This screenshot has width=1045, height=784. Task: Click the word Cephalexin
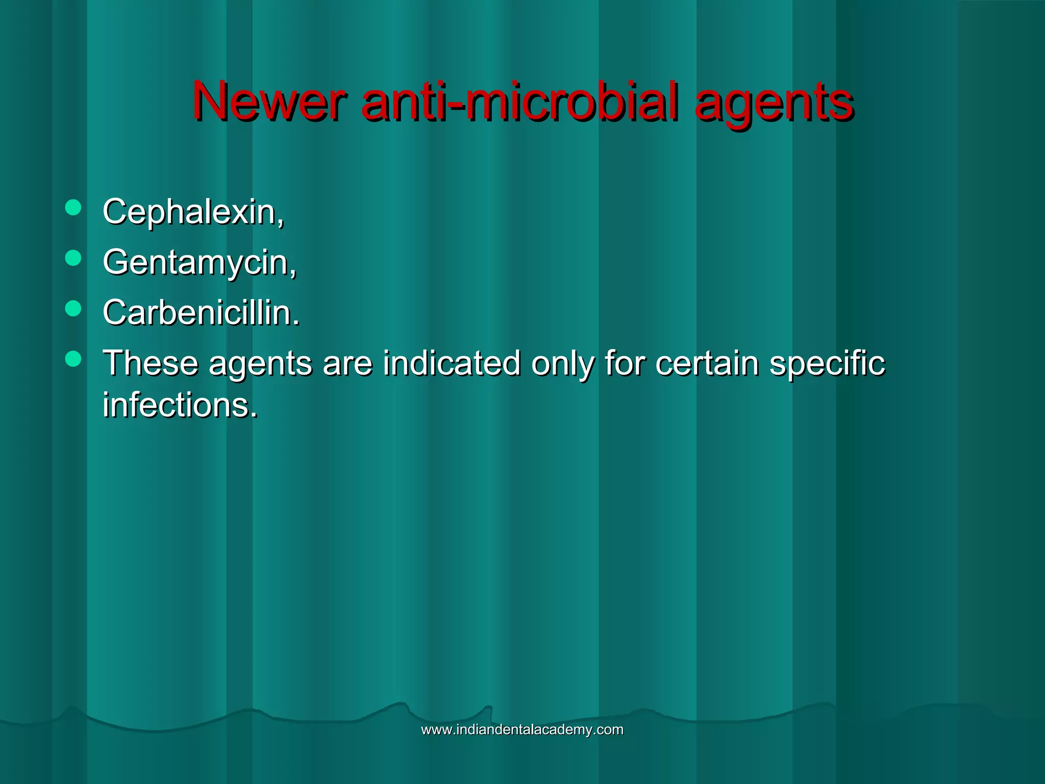coord(193,211)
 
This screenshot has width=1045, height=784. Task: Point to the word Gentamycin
coord(199,262)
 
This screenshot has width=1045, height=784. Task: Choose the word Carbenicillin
coord(201,312)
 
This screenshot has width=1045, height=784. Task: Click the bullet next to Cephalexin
coord(73,208)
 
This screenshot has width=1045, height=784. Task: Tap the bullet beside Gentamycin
coord(73,258)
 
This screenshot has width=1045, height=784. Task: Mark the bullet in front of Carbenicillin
coord(73,308)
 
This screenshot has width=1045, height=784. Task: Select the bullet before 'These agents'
coord(73,359)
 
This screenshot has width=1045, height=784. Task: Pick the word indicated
coord(452,363)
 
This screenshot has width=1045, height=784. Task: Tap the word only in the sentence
coord(563,364)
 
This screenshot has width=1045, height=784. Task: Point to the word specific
coord(827,364)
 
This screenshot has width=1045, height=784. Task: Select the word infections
coord(180,405)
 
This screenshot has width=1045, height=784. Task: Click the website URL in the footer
coord(522,729)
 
